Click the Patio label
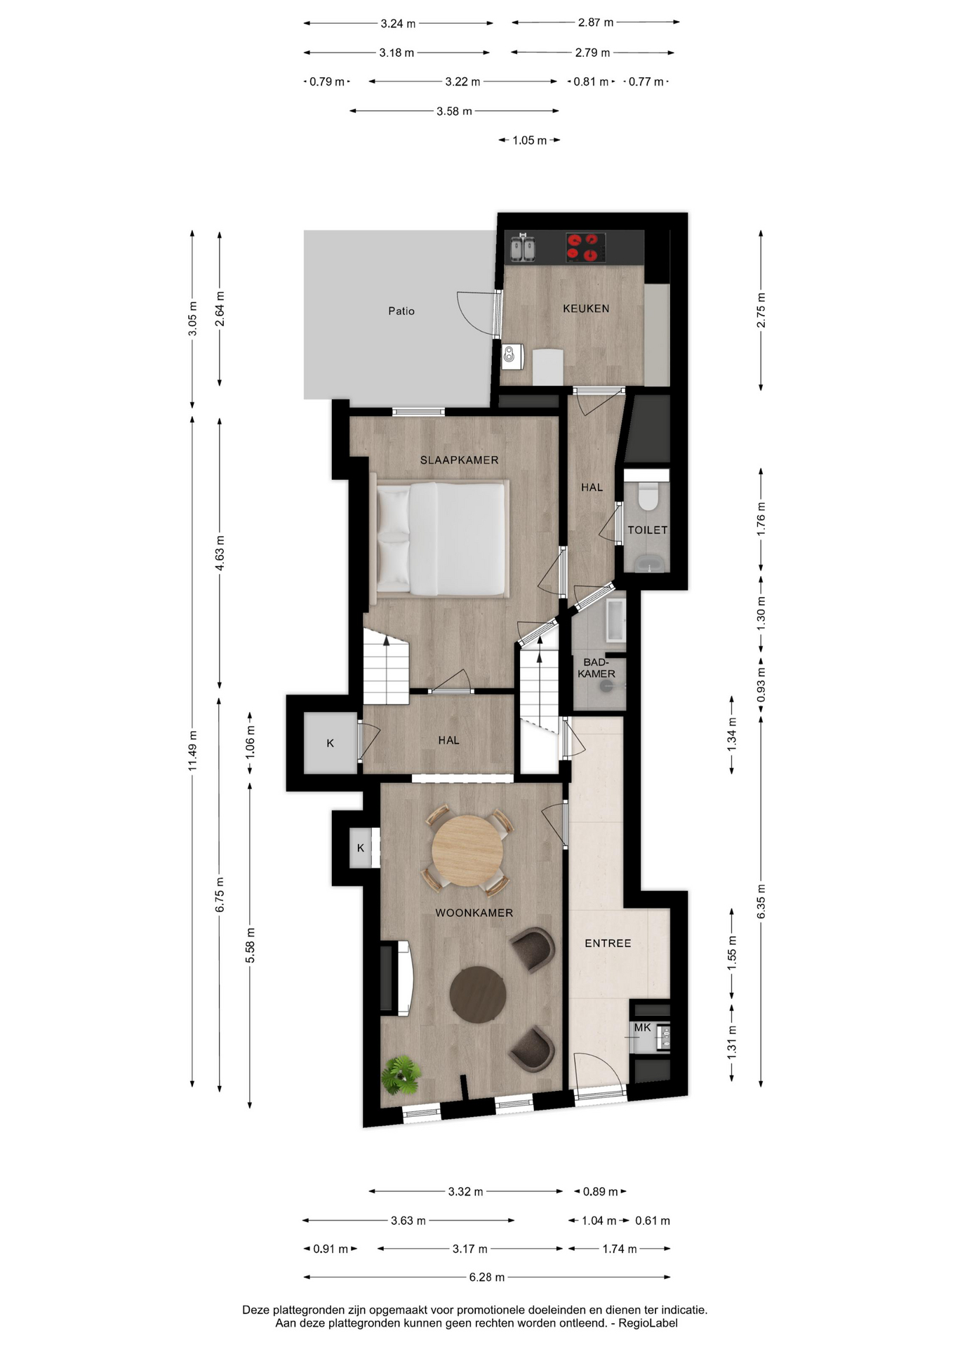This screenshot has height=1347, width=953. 401,311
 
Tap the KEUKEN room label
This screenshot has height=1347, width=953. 586,308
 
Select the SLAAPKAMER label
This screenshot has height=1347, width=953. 460,460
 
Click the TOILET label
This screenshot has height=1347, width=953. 647,530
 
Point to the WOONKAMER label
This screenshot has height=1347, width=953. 474,913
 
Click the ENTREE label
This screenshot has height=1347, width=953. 608,944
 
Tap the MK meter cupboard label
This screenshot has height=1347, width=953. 642,1028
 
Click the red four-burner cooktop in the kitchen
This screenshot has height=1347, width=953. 586,248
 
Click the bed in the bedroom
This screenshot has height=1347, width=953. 440,539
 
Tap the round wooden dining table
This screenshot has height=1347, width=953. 467,850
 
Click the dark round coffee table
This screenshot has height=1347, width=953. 478,994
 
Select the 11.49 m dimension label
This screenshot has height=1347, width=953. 192,750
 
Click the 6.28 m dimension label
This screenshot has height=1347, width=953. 487,1277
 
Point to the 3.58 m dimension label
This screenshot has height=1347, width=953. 454,111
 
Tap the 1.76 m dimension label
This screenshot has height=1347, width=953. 761,520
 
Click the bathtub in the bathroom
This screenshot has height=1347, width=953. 615,621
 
